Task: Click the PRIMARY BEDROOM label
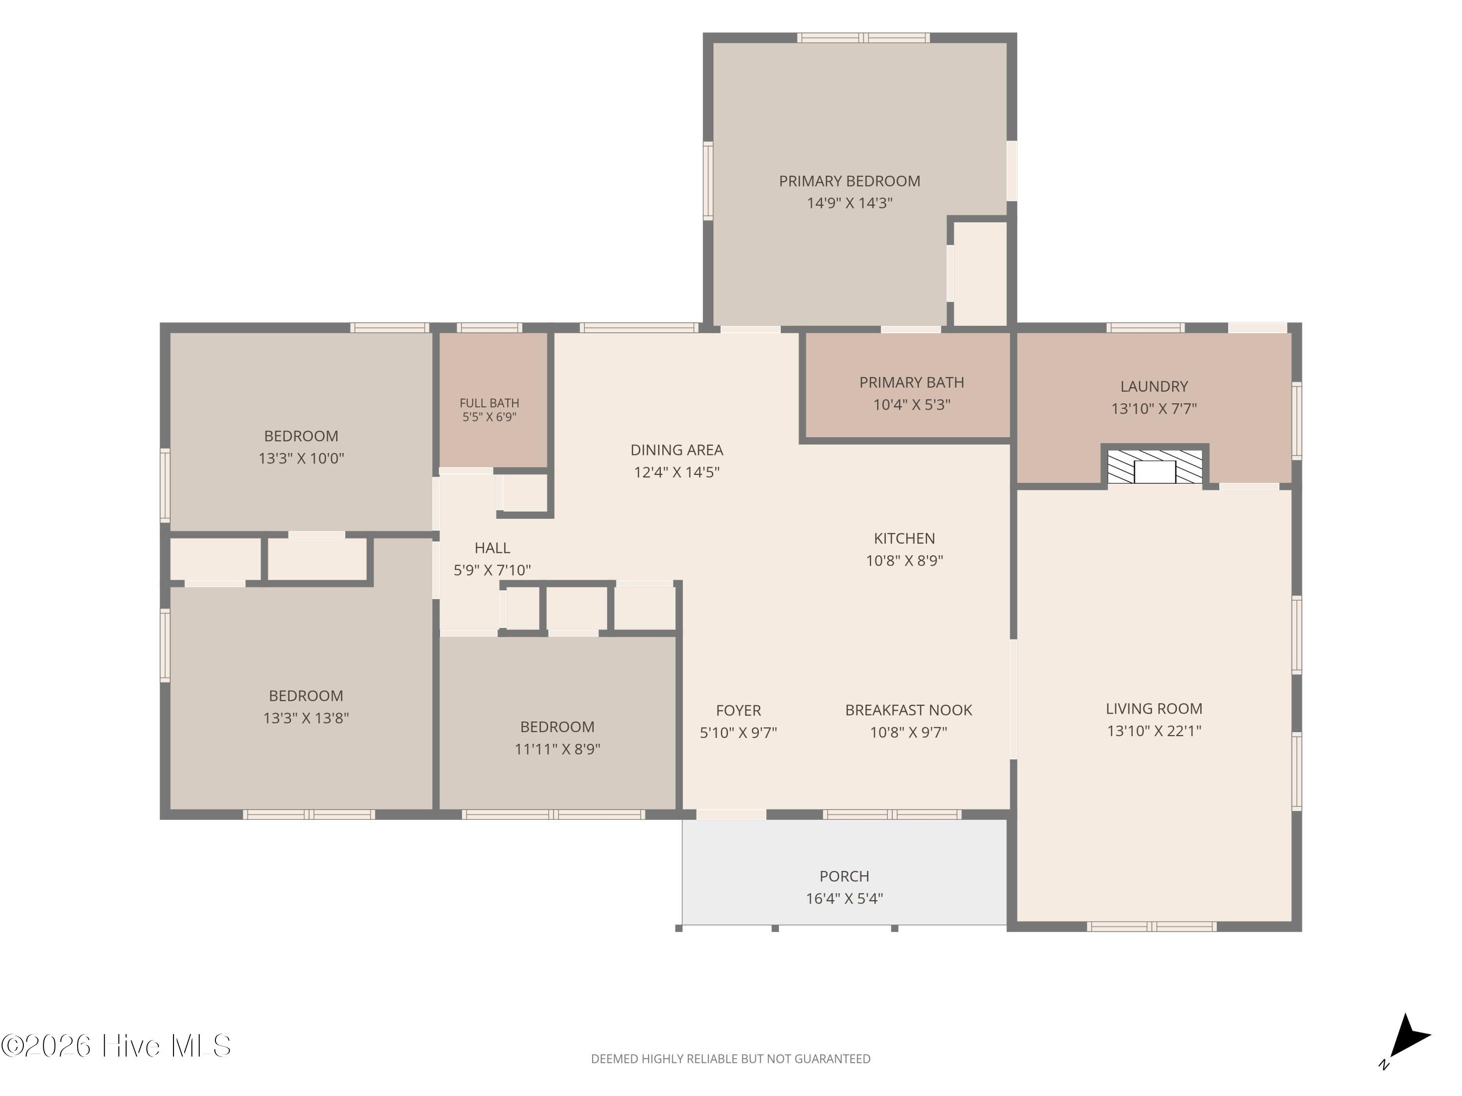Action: coord(849,181)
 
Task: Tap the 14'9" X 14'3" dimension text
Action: coord(849,203)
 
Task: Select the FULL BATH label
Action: coord(489,403)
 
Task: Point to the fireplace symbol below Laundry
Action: coord(1154,467)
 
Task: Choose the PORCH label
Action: coord(844,876)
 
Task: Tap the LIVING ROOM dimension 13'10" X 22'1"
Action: coord(1154,731)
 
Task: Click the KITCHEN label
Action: coord(904,538)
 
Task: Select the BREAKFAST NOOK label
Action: coord(908,710)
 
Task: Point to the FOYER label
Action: coord(738,710)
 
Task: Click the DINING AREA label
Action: coord(677,450)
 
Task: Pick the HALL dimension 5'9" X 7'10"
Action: coord(492,570)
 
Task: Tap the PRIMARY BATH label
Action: coord(911,382)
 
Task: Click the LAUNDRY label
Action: coord(1154,386)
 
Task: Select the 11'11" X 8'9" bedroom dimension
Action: coord(557,749)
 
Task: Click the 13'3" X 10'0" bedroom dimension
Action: coord(301,458)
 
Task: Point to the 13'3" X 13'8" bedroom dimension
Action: coord(306,718)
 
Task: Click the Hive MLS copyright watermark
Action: coord(116,1046)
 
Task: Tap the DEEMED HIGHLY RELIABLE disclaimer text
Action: coord(731,1059)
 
